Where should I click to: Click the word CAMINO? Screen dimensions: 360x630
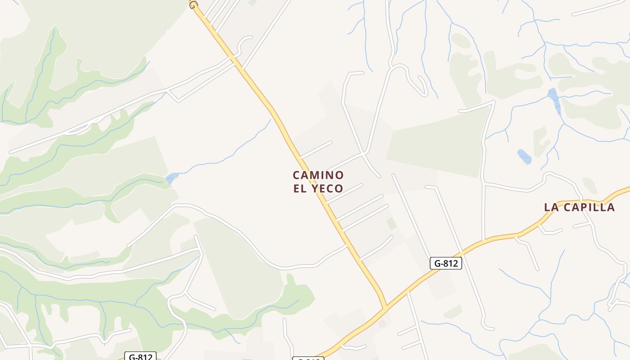(318, 175)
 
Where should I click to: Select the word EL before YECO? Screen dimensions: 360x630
(300, 189)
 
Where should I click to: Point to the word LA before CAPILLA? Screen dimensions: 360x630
(552, 207)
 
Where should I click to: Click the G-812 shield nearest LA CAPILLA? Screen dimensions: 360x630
(446, 263)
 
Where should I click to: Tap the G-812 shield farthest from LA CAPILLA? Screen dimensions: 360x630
(140, 357)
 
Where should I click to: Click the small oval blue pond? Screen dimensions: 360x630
(524, 157)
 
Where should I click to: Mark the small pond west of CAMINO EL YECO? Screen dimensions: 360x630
(171, 178)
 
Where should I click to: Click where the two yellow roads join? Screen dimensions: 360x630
(385, 309)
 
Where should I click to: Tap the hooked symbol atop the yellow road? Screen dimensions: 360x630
(193, 5)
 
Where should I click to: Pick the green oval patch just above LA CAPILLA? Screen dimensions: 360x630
(589, 185)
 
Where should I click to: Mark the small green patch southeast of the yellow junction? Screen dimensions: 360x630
(453, 311)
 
